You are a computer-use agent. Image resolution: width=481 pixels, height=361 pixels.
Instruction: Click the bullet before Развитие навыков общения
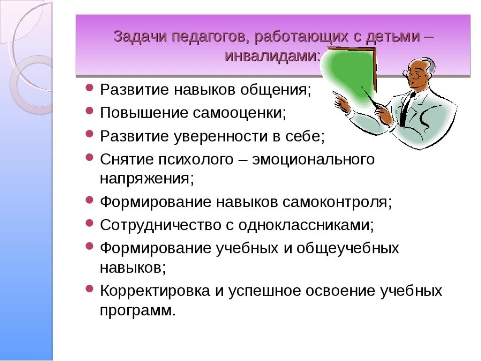tap(89, 88)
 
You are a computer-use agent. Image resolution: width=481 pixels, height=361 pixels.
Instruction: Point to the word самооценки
tap(239, 113)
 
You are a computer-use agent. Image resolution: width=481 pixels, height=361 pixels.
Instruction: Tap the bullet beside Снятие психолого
tap(89, 157)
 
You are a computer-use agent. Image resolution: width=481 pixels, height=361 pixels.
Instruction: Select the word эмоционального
tap(313, 159)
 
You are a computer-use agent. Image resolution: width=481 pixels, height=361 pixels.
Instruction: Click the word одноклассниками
tap(306, 225)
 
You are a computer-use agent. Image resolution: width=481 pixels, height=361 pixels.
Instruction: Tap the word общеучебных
tap(348, 248)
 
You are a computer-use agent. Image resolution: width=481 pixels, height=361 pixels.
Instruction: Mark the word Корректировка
tap(155, 290)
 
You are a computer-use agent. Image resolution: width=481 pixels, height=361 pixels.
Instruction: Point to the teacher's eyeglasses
tap(414, 74)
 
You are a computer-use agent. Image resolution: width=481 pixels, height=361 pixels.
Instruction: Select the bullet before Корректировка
tap(89, 289)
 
